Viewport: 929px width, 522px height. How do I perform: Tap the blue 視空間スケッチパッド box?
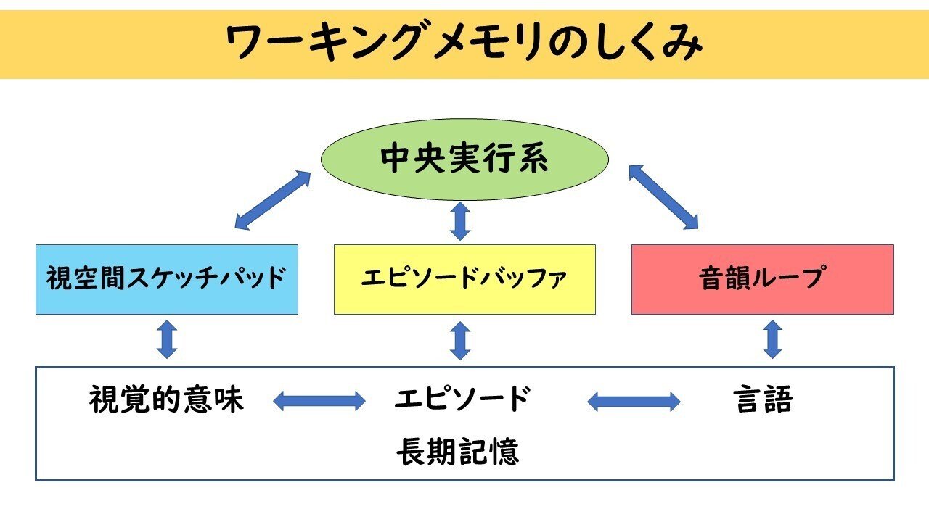[x=167, y=279]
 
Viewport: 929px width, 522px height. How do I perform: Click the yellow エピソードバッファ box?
[x=464, y=279]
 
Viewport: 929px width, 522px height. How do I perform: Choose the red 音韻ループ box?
[x=762, y=279]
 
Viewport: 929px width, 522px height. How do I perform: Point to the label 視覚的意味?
[x=167, y=399]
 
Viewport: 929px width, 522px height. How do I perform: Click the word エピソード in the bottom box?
[x=463, y=399]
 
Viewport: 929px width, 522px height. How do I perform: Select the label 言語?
[x=762, y=399]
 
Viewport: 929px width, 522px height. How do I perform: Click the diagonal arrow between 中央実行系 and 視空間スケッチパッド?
[x=273, y=199]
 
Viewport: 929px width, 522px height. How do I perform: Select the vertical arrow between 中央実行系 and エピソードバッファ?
[x=459, y=221]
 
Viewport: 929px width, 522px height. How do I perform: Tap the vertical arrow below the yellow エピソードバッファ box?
[x=459, y=341]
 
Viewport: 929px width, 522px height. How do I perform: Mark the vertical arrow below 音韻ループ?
[x=772, y=339]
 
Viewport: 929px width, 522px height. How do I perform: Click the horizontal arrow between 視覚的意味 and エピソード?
[x=319, y=400]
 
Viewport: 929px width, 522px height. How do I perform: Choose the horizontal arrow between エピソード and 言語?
[x=634, y=400]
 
